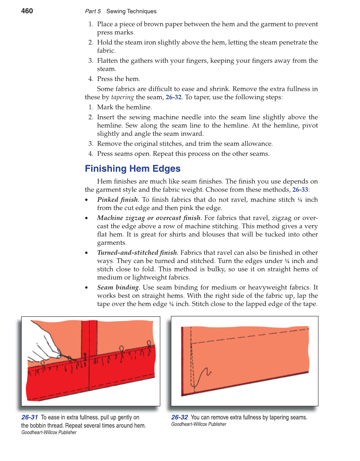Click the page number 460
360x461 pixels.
point(27,11)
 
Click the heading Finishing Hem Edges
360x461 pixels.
point(132,169)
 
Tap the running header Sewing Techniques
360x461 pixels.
point(131,11)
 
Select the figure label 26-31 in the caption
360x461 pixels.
point(30,417)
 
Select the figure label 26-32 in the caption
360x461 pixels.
point(179,417)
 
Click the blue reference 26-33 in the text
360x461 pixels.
point(300,190)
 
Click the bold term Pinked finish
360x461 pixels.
point(117,200)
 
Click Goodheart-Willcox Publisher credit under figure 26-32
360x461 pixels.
point(198,424)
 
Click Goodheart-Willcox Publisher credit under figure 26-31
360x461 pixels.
point(49,433)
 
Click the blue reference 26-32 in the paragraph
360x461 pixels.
point(173,97)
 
